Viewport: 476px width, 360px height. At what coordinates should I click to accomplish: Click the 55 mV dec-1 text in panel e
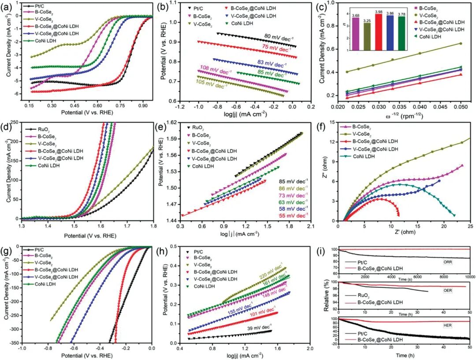293,215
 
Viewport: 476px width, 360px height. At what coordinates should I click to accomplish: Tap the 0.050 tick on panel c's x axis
461,107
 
